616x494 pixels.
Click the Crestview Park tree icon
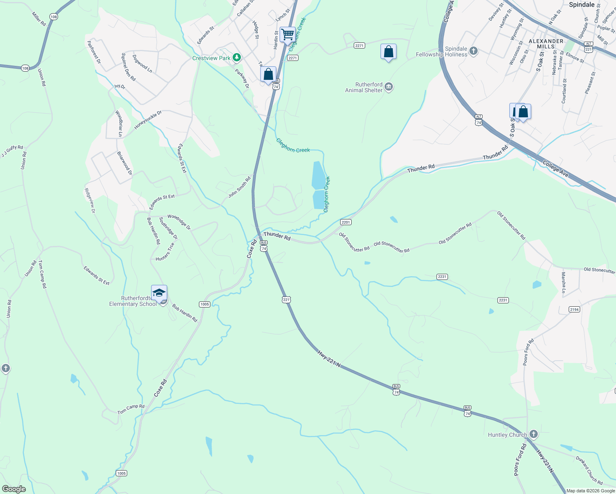(236, 58)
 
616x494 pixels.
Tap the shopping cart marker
(287, 34)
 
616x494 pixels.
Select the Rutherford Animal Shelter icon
(389, 87)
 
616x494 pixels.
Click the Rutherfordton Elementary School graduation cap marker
(159, 293)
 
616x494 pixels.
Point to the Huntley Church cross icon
(534, 434)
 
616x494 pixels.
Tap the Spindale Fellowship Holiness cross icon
(474, 51)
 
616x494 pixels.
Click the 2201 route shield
(345, 222)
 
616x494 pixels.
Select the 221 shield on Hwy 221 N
(286, 300)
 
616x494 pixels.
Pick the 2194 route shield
(574, 309)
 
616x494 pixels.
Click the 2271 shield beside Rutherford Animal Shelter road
(359, 46)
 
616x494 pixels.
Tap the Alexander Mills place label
(546, 44)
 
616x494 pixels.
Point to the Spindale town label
(581, 5)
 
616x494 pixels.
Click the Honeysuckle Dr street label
(148, 120)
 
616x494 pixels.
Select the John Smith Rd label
(240, 187)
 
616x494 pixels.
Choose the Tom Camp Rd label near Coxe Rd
(131, 409)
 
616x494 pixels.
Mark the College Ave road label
(555, 169)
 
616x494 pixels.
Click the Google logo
(14, 489)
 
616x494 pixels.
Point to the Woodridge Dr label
(179, 222)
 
